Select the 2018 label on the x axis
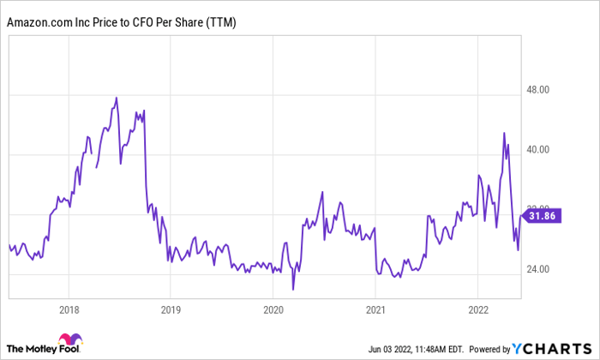[x=69, y=308]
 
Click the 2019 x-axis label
[x=171, y=308]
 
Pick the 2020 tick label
[x=273, y=308]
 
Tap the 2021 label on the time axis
[x=375, y=308]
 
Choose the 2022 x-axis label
[x=477, y=308]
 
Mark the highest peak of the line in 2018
[x=117, y=98]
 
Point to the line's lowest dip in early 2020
[x=293, y=289]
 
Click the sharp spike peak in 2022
[x=504, y=133]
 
